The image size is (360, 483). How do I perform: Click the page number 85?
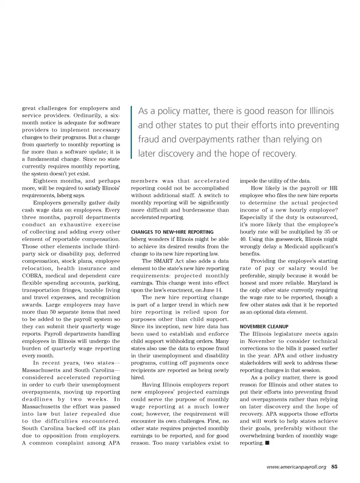pyautogui.click(x=334, y=467)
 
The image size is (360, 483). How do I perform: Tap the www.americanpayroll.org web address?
pyautogui.click(x=296, y=467)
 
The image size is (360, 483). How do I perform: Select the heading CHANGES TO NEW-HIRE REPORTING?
pyautogui.click(x=172, y=232)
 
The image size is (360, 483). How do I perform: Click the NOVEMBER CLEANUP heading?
pyautogui.click(x=264, y=327)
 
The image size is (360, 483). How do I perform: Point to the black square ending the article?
pyautogui.click(x=267, y=443)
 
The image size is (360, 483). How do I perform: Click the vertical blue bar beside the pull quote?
pyautogui.click(x=132, y=132)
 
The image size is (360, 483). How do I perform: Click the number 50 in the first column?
pyautogui.click(x=50, y=312)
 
